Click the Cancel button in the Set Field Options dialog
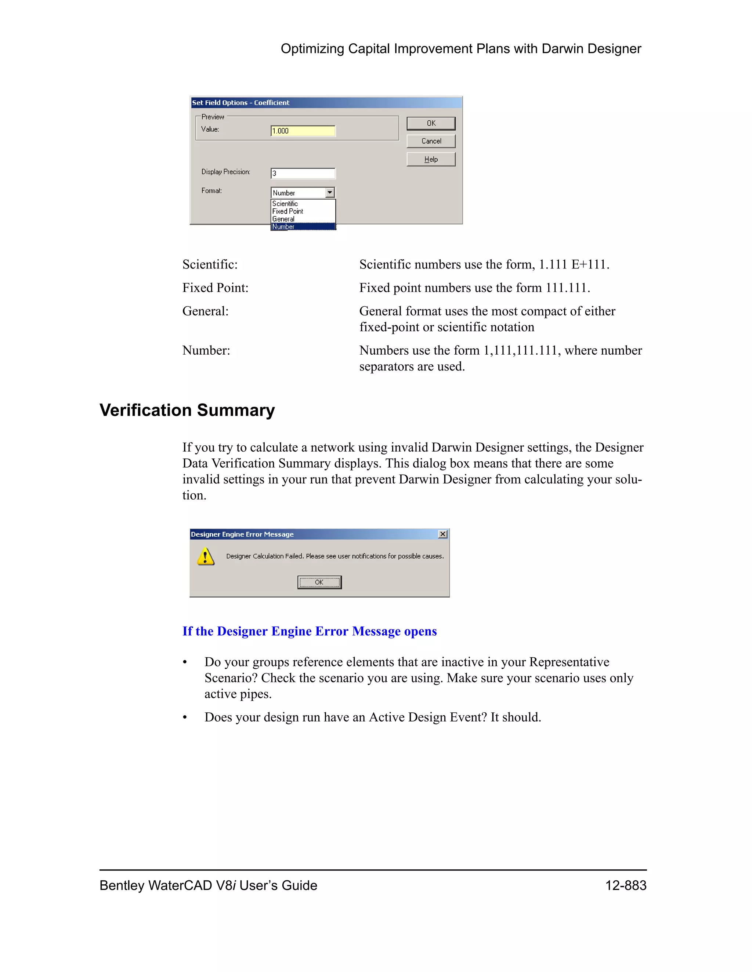click(431, 141)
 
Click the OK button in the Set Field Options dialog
click(431, 123)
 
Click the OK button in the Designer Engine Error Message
click(319, 582)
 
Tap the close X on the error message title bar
click(442, 534)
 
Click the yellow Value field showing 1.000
click(303, 131)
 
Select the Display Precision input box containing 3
click(303, 173)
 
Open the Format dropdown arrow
click(330, 193)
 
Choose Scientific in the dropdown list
click(285, 204)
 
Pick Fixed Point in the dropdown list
click(288, 211)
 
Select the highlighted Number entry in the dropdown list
click(284, 227)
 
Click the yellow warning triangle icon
click(205, 556)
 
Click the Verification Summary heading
click(187, 410)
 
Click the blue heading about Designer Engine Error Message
click(310, 631)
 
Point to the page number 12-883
click(625, 885)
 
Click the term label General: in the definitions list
click(205, 311)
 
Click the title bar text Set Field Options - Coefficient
click(241, 103)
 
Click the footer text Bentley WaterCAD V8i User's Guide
click(208, 885)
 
